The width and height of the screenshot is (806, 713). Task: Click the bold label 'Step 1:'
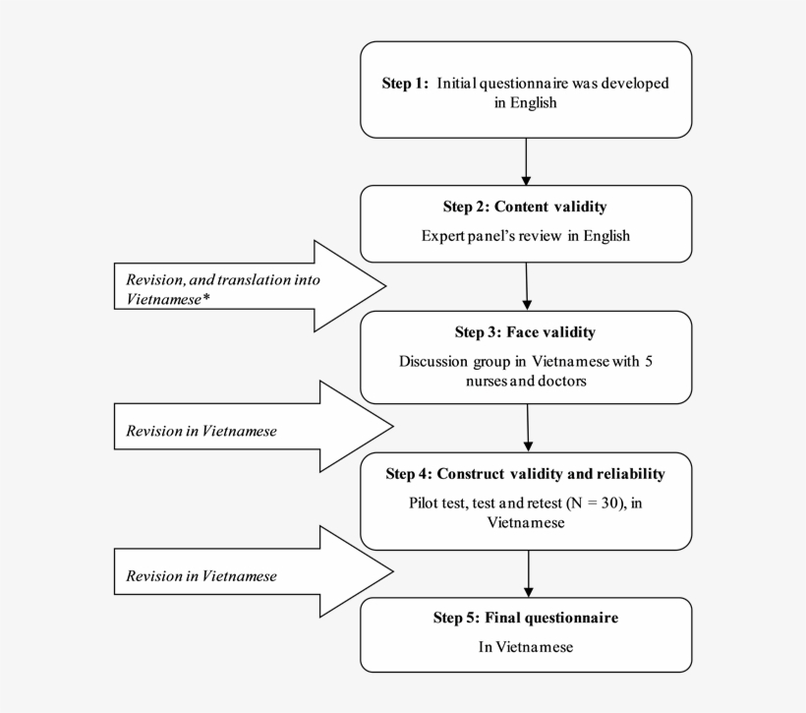[405, 84]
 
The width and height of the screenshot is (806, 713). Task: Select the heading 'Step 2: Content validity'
[525, 207]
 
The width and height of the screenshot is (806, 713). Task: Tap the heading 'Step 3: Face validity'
[525, 332]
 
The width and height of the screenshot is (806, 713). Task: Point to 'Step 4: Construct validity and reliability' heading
[525, 474]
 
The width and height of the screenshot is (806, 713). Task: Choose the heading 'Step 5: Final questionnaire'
[525, 618]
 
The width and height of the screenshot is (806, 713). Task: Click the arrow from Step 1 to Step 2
[526, 161]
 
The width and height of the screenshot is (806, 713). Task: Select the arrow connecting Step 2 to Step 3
[527, 286]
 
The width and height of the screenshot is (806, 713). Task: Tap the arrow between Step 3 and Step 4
[528, 428]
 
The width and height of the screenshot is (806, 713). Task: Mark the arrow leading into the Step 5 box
[529, 573]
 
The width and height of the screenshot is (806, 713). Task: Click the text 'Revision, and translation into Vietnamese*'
[223, 288]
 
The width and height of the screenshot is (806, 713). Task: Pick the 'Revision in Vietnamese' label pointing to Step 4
[201, 431]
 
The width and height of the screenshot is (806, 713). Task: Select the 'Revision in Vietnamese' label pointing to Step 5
[201, 575]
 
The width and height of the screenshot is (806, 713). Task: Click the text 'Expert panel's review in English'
[525, 236]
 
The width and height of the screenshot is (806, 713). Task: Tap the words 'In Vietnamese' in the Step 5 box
[525, 647]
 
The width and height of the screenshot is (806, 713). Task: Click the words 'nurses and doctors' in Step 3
[525, 381]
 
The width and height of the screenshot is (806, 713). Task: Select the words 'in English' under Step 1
[525, 102]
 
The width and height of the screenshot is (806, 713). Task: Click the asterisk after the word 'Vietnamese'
[206, 299]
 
